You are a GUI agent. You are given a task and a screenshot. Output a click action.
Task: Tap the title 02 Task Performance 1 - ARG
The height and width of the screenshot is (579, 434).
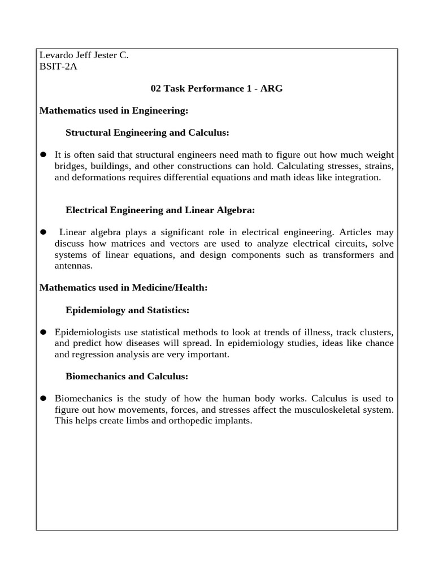(217, 88)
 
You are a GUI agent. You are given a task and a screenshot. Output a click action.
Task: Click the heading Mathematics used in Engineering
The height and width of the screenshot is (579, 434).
(114, 111)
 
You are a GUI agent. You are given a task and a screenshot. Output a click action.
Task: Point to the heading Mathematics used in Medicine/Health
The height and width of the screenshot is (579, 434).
(124, 288)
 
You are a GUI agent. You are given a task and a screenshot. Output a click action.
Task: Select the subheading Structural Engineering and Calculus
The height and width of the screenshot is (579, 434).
(147, 132)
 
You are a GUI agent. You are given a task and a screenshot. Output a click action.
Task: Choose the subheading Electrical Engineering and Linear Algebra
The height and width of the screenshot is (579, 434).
(160, 210)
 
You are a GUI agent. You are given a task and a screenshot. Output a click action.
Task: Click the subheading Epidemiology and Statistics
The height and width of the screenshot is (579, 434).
(127, 310)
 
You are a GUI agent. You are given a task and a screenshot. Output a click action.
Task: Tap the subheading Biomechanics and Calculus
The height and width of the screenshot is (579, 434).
(127, 376)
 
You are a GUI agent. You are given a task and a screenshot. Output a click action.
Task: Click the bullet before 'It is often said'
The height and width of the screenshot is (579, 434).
(43, 155)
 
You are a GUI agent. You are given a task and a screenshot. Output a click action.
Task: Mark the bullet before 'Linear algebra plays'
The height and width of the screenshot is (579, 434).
(43, 232)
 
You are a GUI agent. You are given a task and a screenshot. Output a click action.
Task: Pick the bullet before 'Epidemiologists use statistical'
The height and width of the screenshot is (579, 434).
(43, 332)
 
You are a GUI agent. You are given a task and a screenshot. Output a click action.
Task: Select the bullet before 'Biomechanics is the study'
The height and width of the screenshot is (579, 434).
(43, 398)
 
